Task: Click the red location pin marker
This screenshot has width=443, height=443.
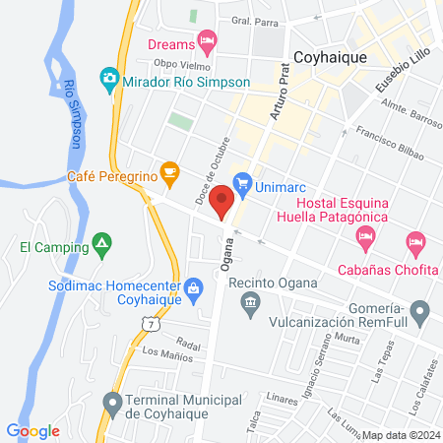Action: coord(221,200)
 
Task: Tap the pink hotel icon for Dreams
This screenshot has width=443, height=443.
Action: coord(207,40)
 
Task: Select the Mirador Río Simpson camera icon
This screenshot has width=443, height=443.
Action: coord(109,77)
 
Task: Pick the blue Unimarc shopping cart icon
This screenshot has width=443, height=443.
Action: coord(242,183)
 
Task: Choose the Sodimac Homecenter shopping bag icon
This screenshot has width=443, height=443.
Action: coord(194,288)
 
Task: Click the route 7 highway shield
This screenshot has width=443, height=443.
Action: coord(149,322)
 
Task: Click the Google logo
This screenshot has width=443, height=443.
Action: coord(33,430)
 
